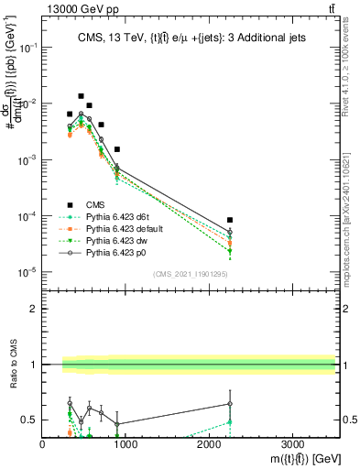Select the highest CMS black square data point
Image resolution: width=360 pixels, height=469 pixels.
[81, 96]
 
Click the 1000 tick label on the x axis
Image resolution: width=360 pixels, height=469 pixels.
[125, 444]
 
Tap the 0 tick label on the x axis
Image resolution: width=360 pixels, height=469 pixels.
[43, 444]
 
